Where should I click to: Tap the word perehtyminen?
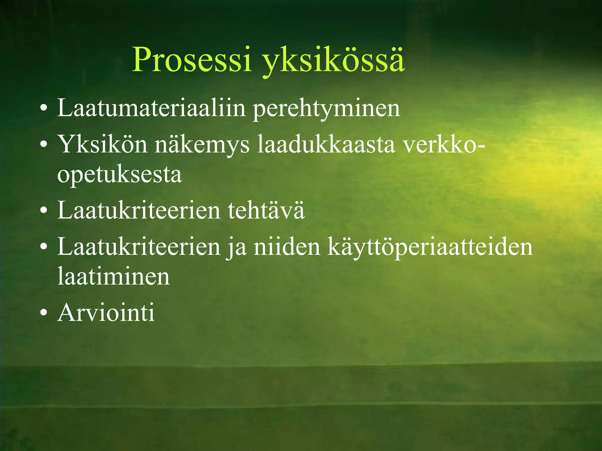coord(326,109)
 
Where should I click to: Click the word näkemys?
coord(202,145)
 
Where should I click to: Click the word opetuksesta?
coord(119,175)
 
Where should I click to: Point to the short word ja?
coord(237,248)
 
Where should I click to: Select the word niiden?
coord(287,247)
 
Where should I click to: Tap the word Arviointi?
coord(106,312)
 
